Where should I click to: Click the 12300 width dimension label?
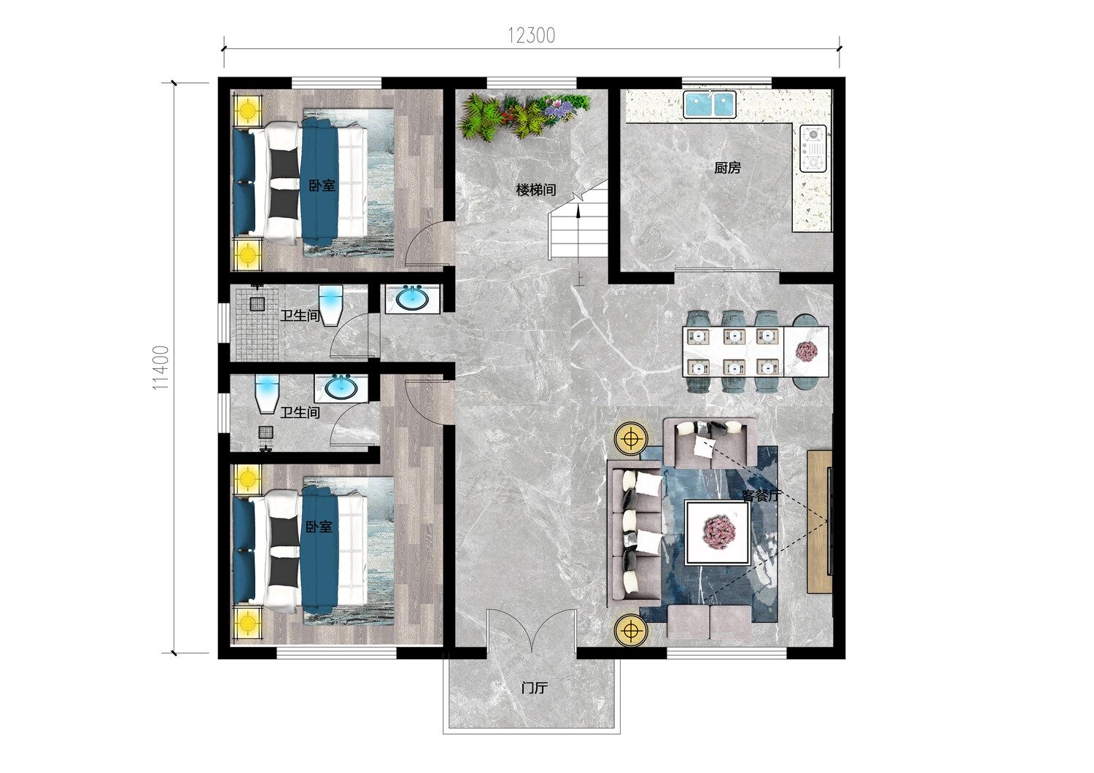[x=532, y=36]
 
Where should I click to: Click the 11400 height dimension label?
[x=161, y=368]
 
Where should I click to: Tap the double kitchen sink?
[x=710, y=104]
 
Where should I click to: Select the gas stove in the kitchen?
[x=813, y=148]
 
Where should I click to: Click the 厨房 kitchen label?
[x=727, y=168]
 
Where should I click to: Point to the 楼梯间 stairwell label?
[x=536, y=190]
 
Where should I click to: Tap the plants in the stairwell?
[x=524, y=116]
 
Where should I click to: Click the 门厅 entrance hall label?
[x=535, y=688]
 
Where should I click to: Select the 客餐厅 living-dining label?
[x=762, y=496]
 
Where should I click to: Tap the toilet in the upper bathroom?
[x=331, y=306]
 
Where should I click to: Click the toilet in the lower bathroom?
[x=267, y=394]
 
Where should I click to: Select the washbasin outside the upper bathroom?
[x=413, y=298]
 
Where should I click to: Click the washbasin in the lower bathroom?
[x=341, y=388]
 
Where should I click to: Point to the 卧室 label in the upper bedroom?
[x=322, y=185]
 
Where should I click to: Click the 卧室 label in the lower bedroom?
[x=319, y=527]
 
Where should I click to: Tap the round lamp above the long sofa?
[x=632, y=438]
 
